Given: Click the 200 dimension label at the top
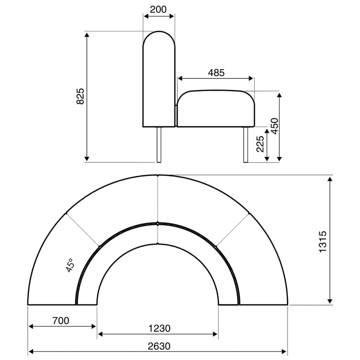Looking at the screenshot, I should [158, 9].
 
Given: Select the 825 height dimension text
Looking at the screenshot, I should [80, 96].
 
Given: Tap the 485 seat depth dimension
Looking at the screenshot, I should [216, 72].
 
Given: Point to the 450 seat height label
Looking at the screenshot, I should [274, 126].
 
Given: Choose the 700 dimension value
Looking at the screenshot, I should [61, 320].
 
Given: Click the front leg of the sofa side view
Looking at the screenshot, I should [245, 144].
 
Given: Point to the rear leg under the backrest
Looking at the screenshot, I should [159, 144].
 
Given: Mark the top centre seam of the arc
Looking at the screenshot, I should [158, 199].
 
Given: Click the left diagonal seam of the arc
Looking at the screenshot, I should [83, 230].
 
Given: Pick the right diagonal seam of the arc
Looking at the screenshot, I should [232, 230].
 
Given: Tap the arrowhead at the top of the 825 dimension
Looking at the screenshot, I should [87, 34].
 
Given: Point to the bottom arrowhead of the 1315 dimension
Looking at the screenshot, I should [330, 302].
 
